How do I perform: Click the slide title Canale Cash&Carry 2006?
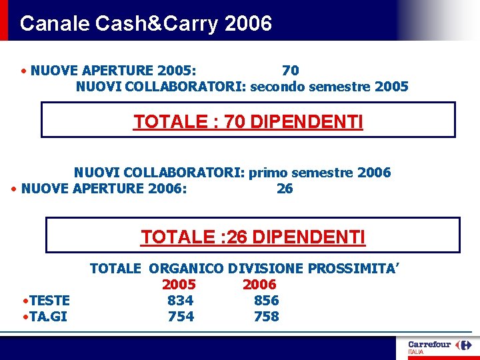tap(146, 23)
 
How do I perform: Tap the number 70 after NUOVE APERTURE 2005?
tap(290, 70)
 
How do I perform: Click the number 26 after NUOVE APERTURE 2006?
tap(285, 189)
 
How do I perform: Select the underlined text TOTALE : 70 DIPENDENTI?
tap(248, 122)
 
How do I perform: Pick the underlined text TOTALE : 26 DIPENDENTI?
tap(253, 237)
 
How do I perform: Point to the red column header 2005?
tap(179, 285)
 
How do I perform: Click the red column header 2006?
tap(259, 285)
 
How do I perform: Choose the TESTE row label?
tap(48, 301)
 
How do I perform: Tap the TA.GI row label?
tap(47, 317)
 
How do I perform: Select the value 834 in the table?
tap(181, 301)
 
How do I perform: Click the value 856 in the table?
tap(266, 301)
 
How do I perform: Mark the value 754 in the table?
tap(181, 317)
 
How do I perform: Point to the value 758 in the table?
tap(266, 317)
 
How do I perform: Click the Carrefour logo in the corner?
tap(439, 347)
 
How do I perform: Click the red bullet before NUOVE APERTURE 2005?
tap(24, 70)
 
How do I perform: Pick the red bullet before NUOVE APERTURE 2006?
tap(15, 189)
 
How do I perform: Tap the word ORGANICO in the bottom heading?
tap(186, 269)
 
